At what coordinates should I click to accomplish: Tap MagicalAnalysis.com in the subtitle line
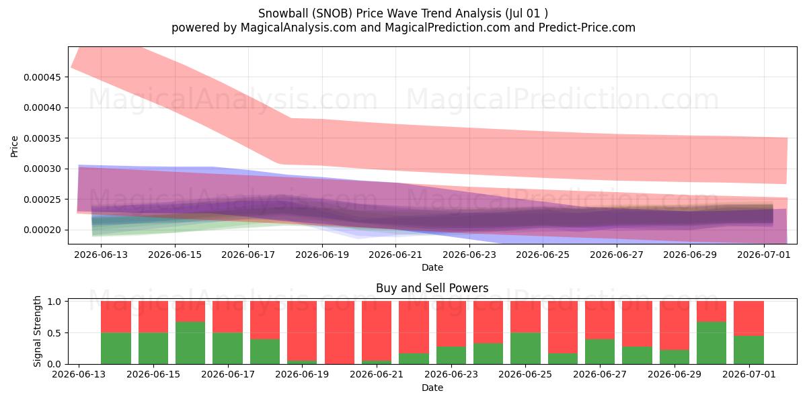coord(299,28)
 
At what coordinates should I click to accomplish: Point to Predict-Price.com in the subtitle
coord(587,28)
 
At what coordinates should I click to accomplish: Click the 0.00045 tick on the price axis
coord(42,77)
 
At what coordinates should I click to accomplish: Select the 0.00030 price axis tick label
coord(42,169)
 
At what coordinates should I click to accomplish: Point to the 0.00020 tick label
coord(42,230)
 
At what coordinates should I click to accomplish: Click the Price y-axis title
coord(14,146)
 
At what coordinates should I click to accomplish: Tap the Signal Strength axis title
coord(37,331)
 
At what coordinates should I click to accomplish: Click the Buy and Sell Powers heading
coord(432,288)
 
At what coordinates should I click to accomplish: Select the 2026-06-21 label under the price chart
coord(395,255)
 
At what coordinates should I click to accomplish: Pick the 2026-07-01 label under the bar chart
coord(749,375)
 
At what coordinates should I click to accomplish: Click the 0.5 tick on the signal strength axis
coord(54,333)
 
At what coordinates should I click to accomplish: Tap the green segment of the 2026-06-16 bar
coord(190,343)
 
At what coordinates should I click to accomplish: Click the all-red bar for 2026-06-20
coord(340,332)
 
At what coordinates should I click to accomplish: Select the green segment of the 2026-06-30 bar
coord(712,343)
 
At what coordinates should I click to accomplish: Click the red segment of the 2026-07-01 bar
coord(748,318)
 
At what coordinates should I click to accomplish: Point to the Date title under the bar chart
coord(432,388)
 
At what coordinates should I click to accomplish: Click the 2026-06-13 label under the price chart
coord(101,255)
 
